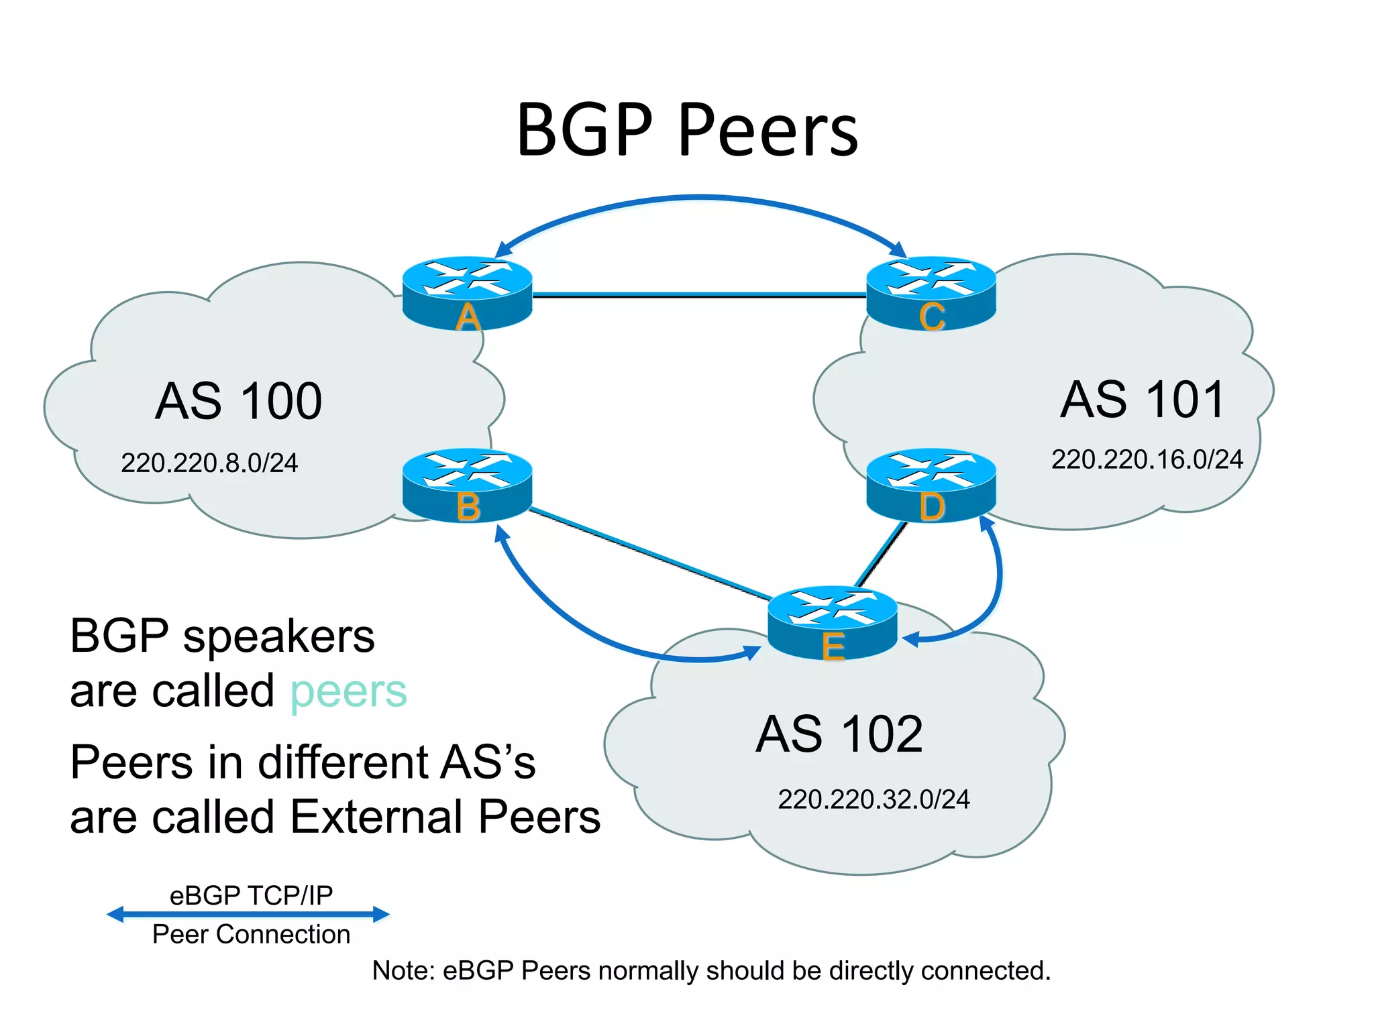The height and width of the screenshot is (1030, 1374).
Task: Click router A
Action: pos(467,292)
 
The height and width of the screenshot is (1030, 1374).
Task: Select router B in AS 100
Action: pos(467,485)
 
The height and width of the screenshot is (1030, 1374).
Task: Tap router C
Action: pos(931,292)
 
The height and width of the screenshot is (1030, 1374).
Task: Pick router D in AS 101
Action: pos(931,485)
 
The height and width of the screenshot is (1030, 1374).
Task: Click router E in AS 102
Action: pos(832,622)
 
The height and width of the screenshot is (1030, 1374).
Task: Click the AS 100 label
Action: pos(238,401)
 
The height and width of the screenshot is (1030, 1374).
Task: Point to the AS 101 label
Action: pos(1143,400)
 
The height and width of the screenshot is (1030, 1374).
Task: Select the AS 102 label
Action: pos(839,734)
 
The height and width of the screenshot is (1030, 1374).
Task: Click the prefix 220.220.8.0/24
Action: pos(209,463)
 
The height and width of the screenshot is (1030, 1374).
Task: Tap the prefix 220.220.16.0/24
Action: pos(1147,459)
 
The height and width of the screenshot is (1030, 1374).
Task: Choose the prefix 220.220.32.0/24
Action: pos(874,799)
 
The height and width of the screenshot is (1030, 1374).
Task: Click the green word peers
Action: pos(348,692)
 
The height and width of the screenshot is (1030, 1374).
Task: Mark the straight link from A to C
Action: pos(698,294)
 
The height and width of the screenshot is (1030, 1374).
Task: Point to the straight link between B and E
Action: pos(651,555)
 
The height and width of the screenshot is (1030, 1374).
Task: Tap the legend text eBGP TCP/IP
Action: pos(251,895)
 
